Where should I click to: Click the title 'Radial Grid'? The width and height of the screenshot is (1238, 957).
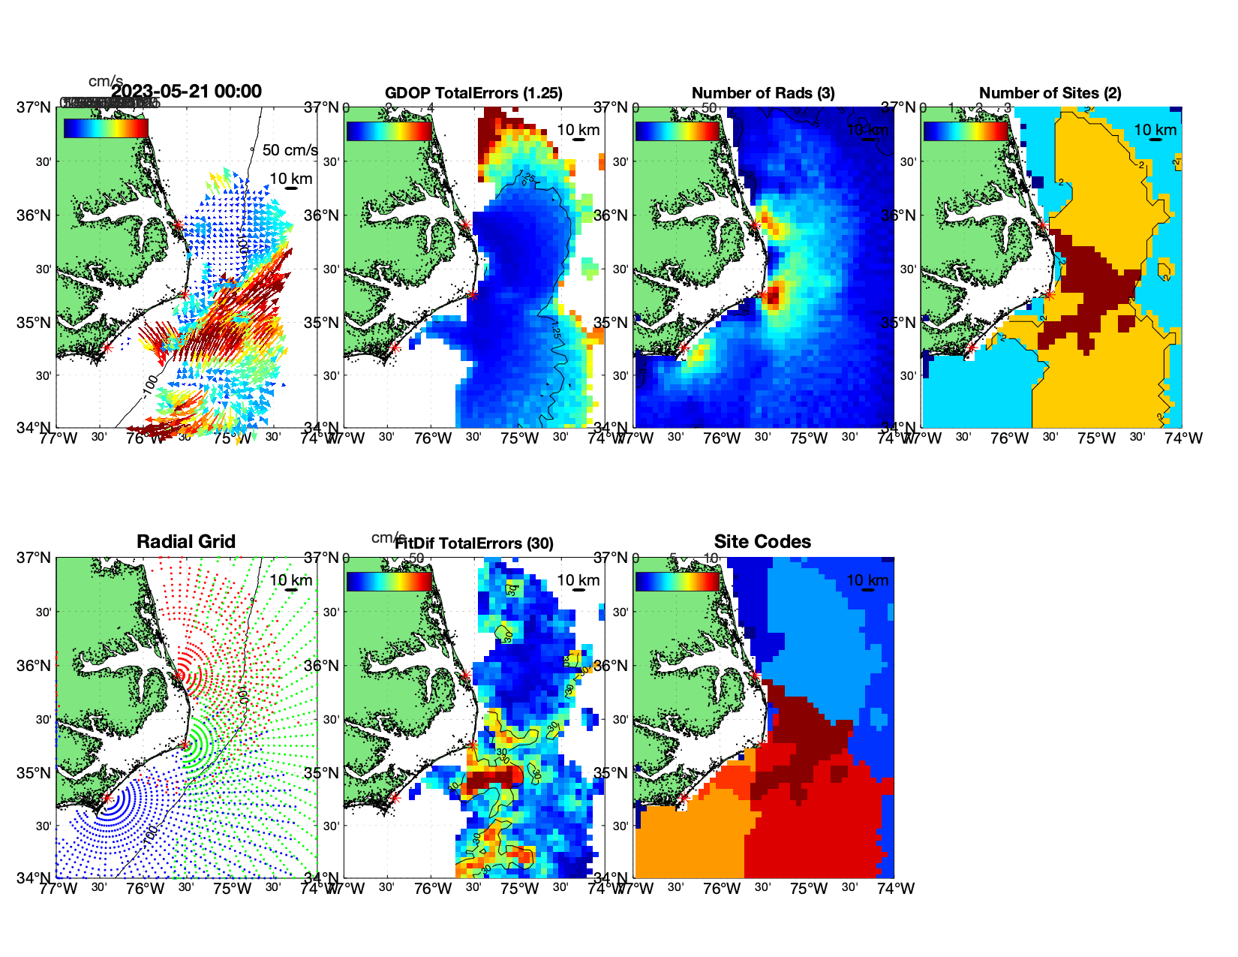click(186, 541)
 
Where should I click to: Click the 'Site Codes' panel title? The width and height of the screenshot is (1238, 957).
click(762, 541)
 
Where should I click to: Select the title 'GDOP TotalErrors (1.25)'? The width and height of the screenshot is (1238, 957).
click(473, 93)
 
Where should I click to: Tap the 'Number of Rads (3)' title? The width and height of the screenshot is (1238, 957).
click(763, 93)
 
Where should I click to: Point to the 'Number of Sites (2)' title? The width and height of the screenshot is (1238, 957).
click(1050, 93)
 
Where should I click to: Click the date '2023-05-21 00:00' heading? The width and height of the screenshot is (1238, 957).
click(187, 92)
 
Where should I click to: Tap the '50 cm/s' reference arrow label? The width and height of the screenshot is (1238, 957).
click(290, 150)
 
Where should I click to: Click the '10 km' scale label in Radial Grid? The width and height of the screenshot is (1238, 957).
click(291, 579)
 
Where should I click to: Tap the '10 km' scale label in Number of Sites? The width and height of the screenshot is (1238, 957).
click(1155, 130)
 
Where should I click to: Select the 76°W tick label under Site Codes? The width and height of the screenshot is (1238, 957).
click(721, 889)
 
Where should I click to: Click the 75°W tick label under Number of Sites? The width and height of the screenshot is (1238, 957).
click(1096, 438)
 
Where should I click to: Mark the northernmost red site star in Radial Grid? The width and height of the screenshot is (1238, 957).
click(178, 676)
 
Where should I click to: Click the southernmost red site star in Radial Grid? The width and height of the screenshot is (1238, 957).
click(107, 799)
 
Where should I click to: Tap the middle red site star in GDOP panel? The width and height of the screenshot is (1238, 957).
click(472, 294)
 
